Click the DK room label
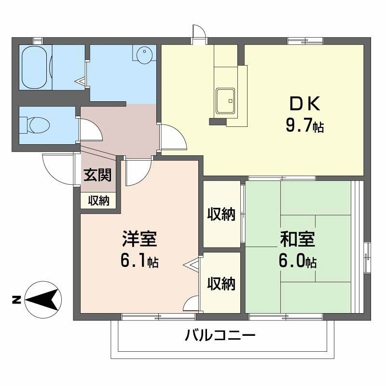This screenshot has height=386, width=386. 304,104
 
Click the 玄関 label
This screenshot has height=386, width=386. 98,175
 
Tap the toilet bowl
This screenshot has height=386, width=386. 39,125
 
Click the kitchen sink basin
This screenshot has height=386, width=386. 225,100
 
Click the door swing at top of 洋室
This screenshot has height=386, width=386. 138,173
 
